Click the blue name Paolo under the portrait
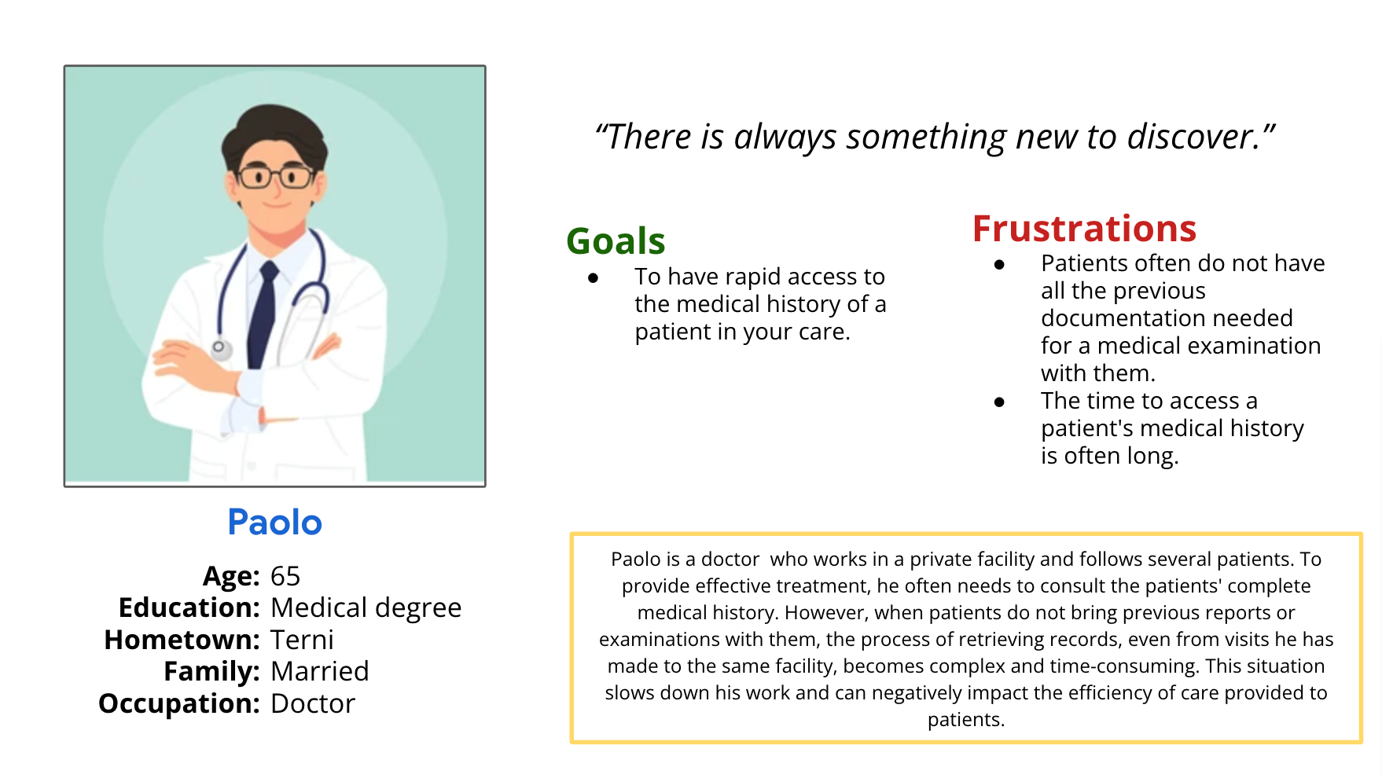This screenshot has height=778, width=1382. pyautogui.click(x=274, y=523)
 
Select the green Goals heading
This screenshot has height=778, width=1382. pyautogui.click(x=616, y=241)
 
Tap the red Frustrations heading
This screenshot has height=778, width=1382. pyautogui.click(x=1084, y=229)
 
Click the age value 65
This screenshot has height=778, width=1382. pyautogui.click(x=285, y=576)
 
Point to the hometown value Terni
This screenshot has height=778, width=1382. pyautogui.click(x=302, y=640)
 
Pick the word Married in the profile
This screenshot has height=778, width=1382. pyautogui.click(x=319, y=671)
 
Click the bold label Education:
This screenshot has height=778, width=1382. pyautogui.click(x=189, y=607)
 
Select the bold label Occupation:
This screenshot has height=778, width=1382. pyautogui.click(x=178, y=703)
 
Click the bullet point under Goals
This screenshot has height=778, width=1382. pyautogui.click(x=593, y=277)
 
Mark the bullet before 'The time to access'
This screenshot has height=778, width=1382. pyautogui.click(x=999, y=402)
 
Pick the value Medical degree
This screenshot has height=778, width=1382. pyautogui.click(x=366, y=608)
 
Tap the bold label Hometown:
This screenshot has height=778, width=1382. pyautogui.click(x=182, y=640)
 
